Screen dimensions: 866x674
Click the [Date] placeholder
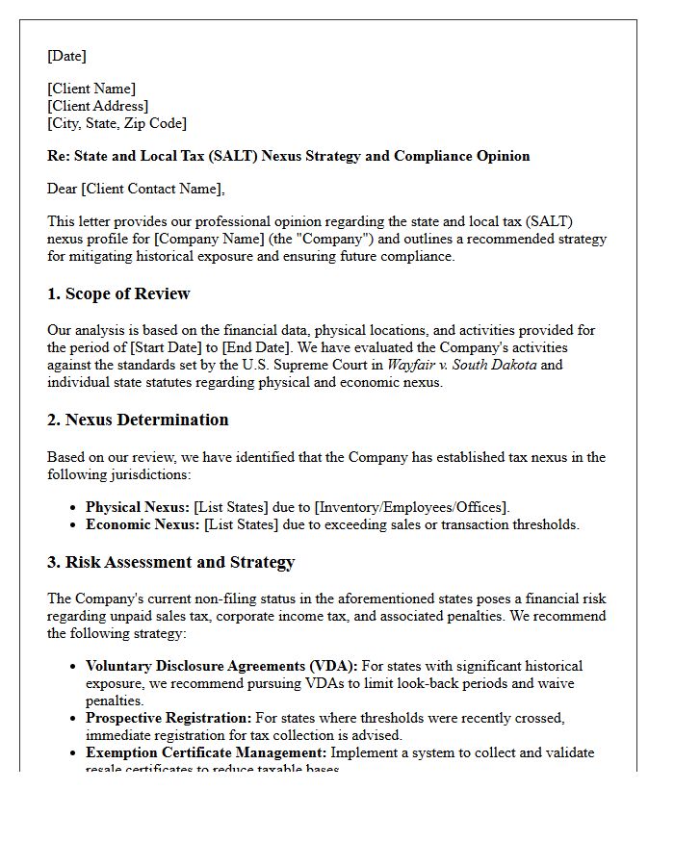[66, 56]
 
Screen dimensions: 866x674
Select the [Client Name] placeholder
[91, 89]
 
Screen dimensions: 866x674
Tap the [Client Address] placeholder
[97, 106]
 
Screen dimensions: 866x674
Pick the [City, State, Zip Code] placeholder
[117, 123]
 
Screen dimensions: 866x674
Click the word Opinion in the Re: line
[501, 156]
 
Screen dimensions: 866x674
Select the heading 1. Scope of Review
[118, 293]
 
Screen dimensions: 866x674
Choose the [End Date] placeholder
[253, 347]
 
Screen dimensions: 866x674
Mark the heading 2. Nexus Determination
[138, 420]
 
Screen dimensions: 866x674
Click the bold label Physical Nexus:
[137, 506]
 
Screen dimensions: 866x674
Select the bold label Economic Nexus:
[143, 524]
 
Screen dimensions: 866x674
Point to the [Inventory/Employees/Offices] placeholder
[411, 506]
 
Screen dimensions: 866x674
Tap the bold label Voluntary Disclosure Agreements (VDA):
[221, 666]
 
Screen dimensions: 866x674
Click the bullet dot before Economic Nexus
[74, 525]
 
